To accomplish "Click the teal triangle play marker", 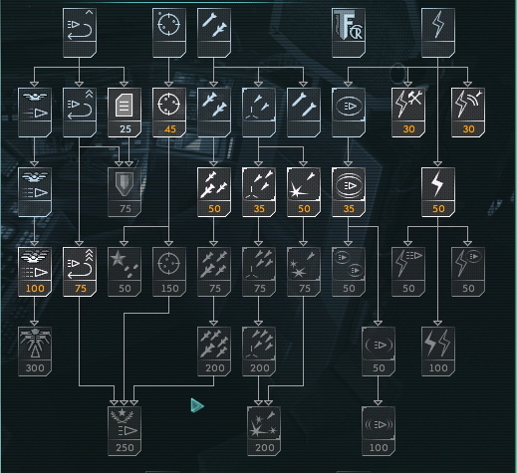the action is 197,405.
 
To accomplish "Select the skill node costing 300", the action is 35,352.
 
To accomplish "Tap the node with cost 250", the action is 125,431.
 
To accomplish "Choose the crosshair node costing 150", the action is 169,272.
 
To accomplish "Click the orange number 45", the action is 170,129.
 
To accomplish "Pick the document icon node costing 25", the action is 125,113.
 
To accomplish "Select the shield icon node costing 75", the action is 125,192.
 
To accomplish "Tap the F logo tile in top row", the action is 349,33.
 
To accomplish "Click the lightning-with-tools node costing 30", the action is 408,113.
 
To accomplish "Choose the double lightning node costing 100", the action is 438,352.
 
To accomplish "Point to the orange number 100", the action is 35,289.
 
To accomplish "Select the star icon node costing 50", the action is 125,272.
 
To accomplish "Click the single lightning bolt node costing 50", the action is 438,192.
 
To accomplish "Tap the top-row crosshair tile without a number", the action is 169,33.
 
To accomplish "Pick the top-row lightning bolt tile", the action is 438,33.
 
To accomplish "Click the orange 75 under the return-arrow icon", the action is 81,289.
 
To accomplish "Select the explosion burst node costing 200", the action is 264,431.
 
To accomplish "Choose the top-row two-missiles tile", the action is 214,33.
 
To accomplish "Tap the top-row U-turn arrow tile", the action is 80,33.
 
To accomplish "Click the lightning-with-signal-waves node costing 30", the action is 468,113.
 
